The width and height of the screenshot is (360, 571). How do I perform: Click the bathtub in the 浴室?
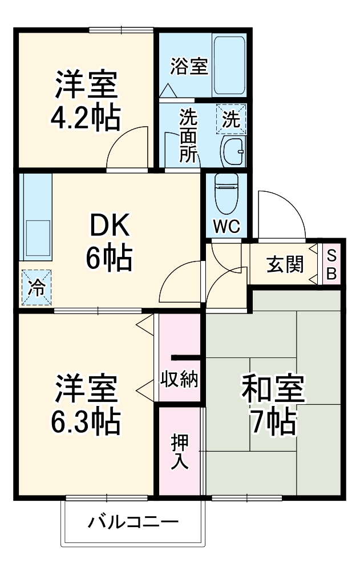[229, 66]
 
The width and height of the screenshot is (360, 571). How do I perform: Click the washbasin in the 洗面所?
[233, 151]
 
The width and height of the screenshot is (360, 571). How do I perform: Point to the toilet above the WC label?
[226, 194]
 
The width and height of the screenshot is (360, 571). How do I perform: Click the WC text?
[226, 227]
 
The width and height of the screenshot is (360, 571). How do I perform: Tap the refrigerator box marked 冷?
[37, 287]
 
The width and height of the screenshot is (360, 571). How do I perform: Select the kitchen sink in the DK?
[38, 238]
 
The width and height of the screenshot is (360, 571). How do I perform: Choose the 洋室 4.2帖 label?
[86, 100]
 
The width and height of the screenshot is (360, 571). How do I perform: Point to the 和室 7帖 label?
[273, 404]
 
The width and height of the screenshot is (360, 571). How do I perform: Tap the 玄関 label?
[285, 264]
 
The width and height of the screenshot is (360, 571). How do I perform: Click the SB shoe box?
[331, 264]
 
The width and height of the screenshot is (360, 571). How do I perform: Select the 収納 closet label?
[180, 380]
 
